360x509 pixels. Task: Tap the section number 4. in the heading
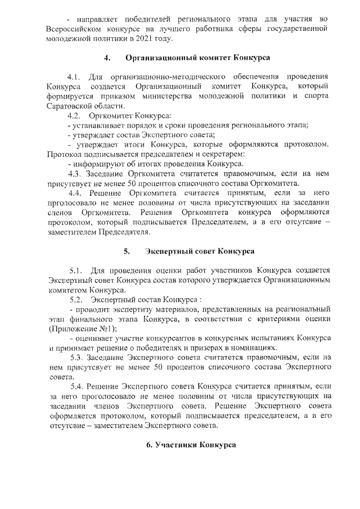(x=106, y=57)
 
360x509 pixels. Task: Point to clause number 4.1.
(x=74, y=76)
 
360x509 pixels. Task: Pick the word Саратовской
(x=74, y=106)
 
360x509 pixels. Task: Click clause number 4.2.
(x=74, y=115)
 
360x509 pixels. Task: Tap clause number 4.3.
(x=74, y=174)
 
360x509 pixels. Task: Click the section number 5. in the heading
(x=127, y=251)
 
